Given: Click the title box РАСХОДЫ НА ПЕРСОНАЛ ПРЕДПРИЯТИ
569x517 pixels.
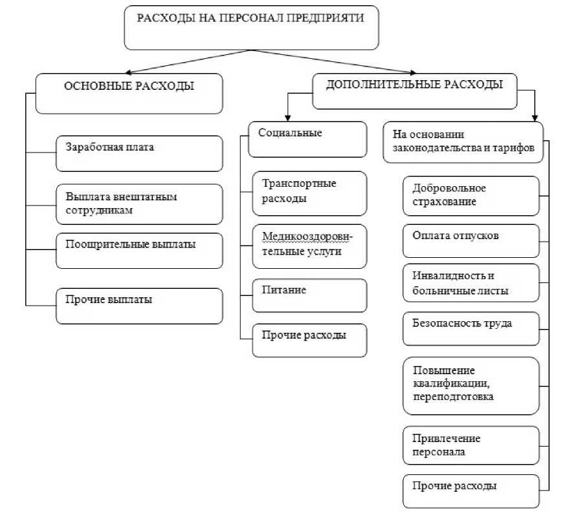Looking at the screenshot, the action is (251, 28).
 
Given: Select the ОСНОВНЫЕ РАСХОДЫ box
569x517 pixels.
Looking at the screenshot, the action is (129, 94).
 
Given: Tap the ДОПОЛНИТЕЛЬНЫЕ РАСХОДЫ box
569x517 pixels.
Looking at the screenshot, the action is (415, 91).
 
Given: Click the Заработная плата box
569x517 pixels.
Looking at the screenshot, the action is (139, 154).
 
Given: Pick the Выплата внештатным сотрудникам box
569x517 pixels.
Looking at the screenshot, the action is (139, 204).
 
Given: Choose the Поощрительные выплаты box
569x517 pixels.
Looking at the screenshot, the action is (139, 251).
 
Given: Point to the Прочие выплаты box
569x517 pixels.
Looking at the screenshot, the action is (139, 306).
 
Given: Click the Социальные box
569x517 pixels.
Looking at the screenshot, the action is (307, 140).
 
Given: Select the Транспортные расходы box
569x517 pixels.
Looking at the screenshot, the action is (309, 193).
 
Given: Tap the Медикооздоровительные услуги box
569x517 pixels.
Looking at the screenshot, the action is (309, 246).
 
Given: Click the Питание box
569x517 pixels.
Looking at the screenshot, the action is (309, 295).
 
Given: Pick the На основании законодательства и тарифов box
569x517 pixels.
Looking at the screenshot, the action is (463, 142).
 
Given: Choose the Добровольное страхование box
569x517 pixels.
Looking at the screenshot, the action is (471, 196).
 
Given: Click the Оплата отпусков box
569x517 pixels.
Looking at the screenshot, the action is (471, 241).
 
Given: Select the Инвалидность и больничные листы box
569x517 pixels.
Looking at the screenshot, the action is (471, 283).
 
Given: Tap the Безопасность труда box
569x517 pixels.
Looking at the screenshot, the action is (471, 328).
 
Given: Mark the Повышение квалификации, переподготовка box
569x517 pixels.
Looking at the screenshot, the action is (471, 386).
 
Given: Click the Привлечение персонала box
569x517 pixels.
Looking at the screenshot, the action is (471, 445).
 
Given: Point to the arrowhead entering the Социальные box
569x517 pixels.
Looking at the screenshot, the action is (288, 118).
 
